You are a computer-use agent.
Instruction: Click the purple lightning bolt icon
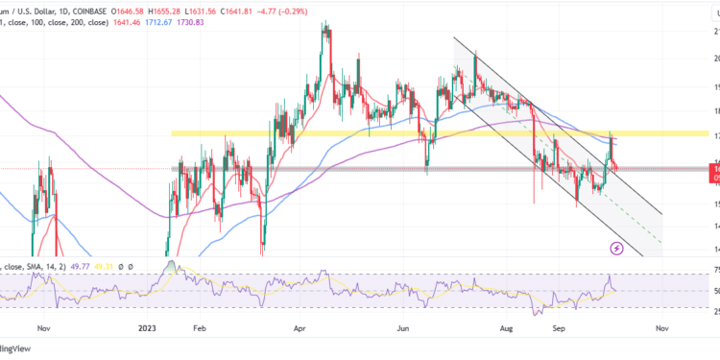[617, 248]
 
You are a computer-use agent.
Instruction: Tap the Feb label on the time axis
[198, 327]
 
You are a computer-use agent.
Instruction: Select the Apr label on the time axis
[299, 327]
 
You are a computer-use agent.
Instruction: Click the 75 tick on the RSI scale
[713, 273]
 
